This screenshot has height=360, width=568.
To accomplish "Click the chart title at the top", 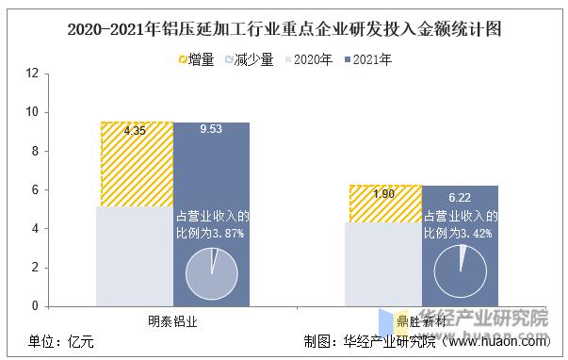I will point(284,28).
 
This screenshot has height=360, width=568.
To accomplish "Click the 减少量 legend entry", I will point(249,58).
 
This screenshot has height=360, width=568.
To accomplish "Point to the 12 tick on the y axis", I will point(32,73).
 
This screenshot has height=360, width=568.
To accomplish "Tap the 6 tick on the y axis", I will point(36,189).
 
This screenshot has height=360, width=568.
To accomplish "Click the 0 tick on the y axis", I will point(36,306).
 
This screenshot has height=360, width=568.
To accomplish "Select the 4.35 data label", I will point(135,130).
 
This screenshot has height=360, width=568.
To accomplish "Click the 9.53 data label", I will point(211,130).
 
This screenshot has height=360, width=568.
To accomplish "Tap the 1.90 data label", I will point(382,194).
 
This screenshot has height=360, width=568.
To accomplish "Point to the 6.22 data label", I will point(459,197).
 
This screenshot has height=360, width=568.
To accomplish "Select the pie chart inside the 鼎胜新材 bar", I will point(460,273).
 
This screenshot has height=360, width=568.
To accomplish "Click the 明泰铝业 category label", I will point(173,320).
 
